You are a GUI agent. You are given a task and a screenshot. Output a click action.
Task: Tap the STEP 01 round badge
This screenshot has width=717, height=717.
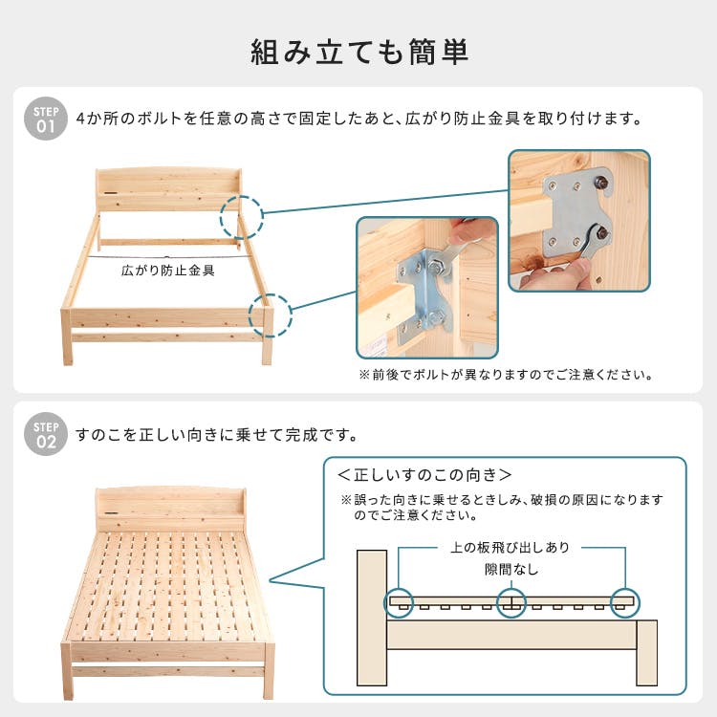(x=45, y=118)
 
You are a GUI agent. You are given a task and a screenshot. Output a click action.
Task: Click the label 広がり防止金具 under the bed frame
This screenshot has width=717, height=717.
(x=168, y=271)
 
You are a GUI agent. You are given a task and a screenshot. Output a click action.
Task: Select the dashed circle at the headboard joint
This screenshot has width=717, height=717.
(x=241, y=218)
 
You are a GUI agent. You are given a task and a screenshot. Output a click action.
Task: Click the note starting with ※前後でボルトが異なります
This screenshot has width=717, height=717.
(x=506, y=375)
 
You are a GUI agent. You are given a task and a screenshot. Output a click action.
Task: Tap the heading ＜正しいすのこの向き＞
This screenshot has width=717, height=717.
(x=424, y=474)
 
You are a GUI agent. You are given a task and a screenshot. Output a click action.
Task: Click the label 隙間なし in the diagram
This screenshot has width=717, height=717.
(x=511, y=570)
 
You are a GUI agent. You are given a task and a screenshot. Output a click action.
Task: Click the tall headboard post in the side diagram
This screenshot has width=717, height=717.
(x=372, y=617)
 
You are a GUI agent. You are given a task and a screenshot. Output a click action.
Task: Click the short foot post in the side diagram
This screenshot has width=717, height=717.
(x=647, y=650)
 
